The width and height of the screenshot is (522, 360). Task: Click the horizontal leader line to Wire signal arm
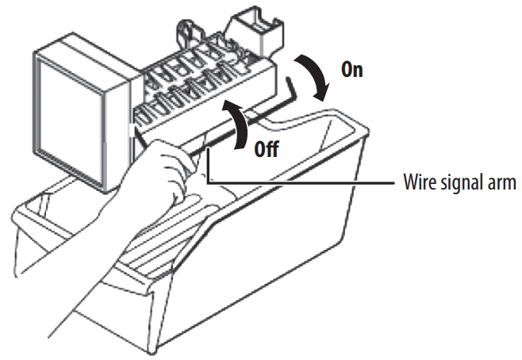[x=301, y=183]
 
